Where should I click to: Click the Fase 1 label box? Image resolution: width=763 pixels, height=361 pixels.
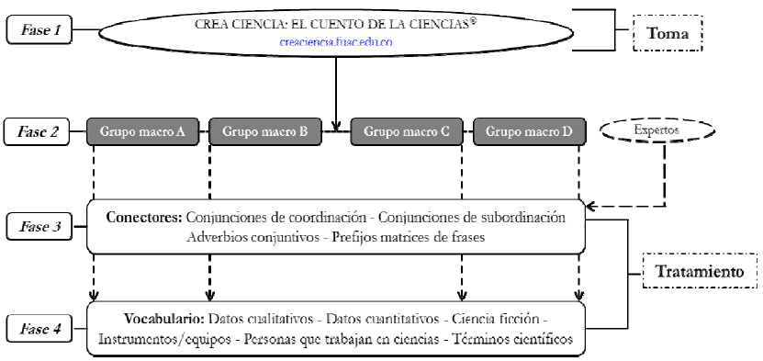click(39, 30)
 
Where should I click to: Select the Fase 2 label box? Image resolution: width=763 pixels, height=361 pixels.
click(39, 131)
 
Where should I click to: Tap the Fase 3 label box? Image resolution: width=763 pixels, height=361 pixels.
click(39, 225)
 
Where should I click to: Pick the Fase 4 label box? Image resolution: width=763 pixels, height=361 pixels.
click(39, 328)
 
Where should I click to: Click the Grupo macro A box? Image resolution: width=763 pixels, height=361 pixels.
click(142, 131)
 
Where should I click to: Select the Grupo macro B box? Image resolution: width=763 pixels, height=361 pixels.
click(264, 131)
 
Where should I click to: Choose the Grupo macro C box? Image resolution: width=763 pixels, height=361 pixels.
click(407, 131)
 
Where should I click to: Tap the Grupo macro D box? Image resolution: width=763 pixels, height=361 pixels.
click(529, 131)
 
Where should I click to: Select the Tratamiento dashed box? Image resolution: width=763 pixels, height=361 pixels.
click(699, 273)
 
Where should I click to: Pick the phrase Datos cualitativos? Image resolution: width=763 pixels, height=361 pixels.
click(262, 320)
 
